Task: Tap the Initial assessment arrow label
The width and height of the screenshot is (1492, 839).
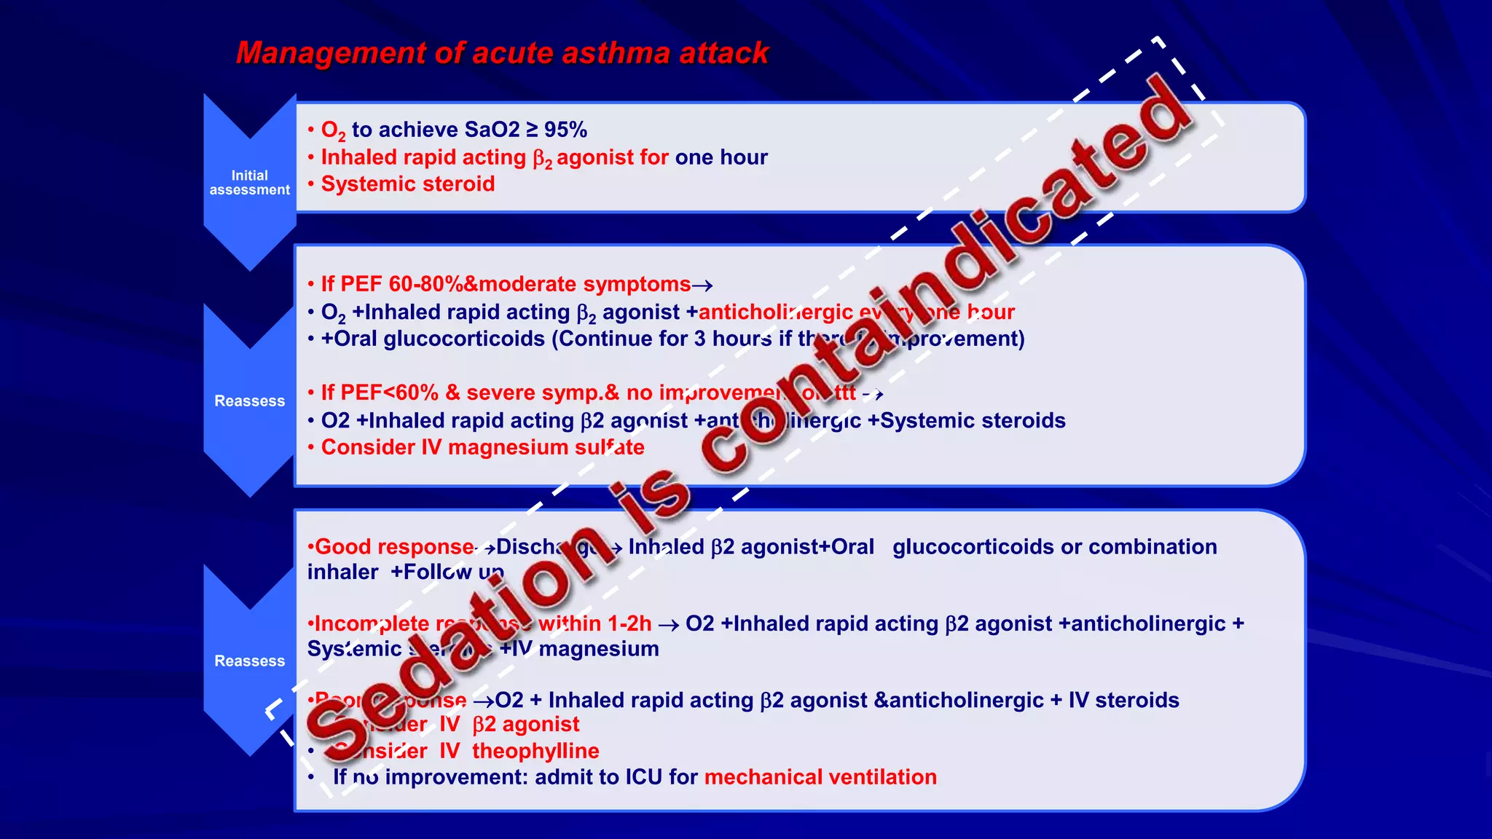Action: coord(249,183)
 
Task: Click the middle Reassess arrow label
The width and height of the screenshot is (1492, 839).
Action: coord(249,401)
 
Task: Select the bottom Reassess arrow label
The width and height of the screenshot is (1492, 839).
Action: coord(249,661)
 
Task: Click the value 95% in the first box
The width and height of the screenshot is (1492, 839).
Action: coord(565,130)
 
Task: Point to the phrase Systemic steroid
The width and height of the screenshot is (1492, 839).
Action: coord(407,184)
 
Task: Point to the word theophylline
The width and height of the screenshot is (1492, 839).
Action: coord(535,751)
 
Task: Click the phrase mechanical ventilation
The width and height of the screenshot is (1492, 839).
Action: coord(820,777)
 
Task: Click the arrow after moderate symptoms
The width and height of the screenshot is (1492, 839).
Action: coord(702,285)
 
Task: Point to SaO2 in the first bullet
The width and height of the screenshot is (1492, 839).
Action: coord(492,130)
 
